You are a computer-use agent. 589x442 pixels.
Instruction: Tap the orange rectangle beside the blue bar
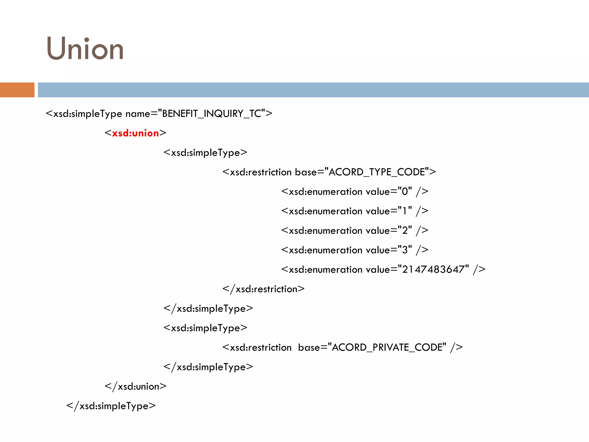(x=17, y=90)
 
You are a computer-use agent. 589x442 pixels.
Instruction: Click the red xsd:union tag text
(x=135, y=133)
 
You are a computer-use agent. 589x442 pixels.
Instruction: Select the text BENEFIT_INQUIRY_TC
(x=211, y=114)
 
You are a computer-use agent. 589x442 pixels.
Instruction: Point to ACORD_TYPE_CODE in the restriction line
(x=377, y=172)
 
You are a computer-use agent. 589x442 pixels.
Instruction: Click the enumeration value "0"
(x=405, y=191)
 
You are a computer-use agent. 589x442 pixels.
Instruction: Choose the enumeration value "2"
(x=405, y=230)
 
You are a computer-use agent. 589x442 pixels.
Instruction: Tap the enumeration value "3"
(x=405, y=250)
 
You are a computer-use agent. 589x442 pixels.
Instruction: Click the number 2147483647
(x=433, y=269)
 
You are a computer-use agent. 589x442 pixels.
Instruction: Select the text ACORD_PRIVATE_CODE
(x=389, y=347)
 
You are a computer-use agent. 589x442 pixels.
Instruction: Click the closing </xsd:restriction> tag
(x=263, y=289)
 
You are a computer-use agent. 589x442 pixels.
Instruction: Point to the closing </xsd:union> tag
(x=135, y=386)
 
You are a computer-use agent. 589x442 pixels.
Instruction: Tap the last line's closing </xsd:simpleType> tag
(x=111, y=406)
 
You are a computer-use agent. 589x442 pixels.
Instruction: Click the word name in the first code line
(x=138, y=114)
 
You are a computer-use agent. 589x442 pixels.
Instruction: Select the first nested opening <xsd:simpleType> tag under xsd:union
(x=205, y=153)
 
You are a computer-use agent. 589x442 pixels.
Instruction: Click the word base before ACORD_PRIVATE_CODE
(x=309, y=347)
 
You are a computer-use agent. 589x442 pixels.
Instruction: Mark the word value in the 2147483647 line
(x=378, y=269)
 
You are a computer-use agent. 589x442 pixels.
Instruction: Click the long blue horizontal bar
(x=313, y=90)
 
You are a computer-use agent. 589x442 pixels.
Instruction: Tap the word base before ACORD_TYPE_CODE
(x=306, y=172)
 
